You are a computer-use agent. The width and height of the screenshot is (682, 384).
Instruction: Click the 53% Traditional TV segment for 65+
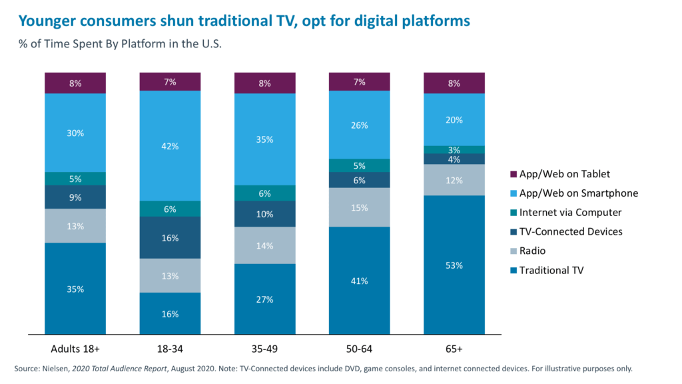pyautogui.click(x=454, y=265)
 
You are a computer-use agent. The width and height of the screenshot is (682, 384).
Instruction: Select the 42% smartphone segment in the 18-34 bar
pyautogui.click(x=170, y=145)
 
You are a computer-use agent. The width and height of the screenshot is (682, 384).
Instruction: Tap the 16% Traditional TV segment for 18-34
pyautogui.click(x=170, y=313)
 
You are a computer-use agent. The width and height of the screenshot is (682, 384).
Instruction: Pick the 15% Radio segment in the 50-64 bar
pyautogui.click(x=359, y=207)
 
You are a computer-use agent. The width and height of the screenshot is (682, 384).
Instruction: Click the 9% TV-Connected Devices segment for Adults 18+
pyautogui.click(x=75, y=197)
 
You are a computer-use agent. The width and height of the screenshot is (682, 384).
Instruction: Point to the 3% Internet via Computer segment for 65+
pyautogui.click(x=454, y=149)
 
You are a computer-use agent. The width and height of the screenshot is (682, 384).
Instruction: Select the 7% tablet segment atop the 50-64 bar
pyautogui.click(x=359, y=81)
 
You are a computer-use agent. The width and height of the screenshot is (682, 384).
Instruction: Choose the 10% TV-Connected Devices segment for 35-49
pyautogui.click(x=264, y=214)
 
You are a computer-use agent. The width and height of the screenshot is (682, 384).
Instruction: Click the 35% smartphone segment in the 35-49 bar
pyautogui.click(x=264, y=139)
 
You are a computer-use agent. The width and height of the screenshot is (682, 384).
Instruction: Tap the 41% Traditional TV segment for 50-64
pyautogui.click(x=359, y=281)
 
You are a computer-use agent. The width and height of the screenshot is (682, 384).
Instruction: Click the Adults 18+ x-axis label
pyautogui.click(x=75, y=349)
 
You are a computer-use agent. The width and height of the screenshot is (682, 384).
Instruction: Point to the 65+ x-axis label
pyautogui.click(x=454, y=349)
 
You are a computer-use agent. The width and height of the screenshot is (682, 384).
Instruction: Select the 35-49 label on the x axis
pyautogui.click(x=264, y=349)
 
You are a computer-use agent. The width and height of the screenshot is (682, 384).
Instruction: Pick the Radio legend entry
pyautogui.click(x=533, y=251)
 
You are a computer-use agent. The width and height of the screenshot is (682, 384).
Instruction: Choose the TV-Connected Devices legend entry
pyautogui.click(x=570, y=231)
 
